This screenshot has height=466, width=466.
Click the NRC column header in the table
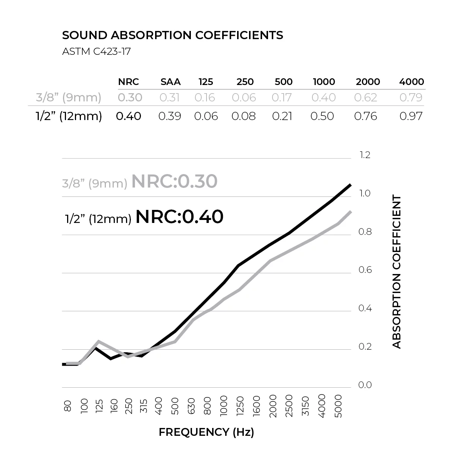[129, 82]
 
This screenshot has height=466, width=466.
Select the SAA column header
[170, 82]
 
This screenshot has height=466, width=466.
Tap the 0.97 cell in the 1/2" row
[411, 116]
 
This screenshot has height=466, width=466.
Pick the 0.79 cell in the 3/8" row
[411, 97]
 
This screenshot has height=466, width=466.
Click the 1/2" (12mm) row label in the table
[69, 116]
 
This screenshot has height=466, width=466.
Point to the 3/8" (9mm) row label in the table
[69, 97]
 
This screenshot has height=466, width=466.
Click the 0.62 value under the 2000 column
[366, 97]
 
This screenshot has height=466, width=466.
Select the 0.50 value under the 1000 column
[322, 116]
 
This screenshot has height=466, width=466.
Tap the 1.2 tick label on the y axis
[365, 155]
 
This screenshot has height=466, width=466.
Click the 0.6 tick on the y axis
[365, 270]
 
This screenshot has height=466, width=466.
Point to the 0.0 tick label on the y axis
[365, 385]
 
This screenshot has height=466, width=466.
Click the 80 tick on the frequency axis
[68, 406]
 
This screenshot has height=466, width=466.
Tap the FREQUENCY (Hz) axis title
[206, 432]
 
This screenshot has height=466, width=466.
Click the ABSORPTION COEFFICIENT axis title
[397, 271]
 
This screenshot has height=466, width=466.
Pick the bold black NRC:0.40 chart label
[179, 217]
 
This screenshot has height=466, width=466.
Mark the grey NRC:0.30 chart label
[174, 182]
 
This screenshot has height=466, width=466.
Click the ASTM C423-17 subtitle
[96, 51]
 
